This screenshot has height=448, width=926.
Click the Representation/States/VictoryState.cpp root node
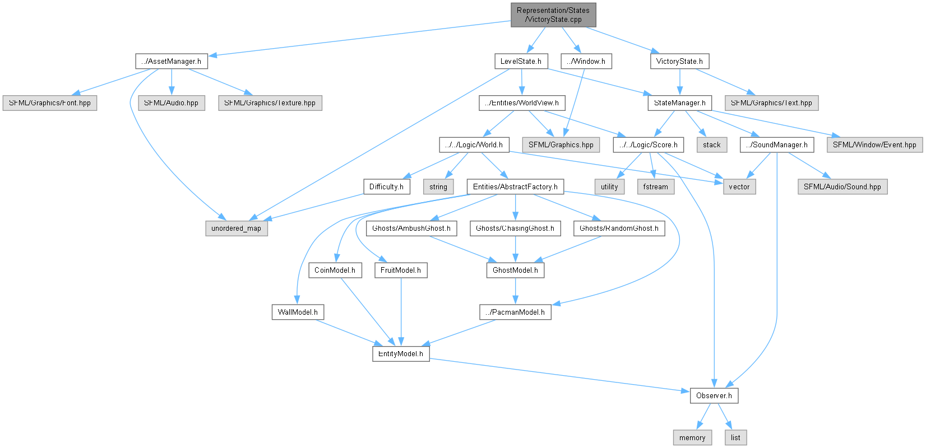pos(553,15)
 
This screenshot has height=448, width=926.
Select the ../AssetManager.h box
pos(171,61)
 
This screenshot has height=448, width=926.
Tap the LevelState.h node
pos(521,61)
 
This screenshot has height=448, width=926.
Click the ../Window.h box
pos(586,61)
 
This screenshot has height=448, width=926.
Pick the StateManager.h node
pos(679,103)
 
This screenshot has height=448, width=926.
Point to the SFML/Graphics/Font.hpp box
pos(50,103)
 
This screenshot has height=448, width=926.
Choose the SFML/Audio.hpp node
pos(171,103)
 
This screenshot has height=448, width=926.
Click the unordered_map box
pos(236,228)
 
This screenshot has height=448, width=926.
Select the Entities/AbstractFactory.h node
pos(515,186)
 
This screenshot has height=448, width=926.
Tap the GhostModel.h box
pos(515,270)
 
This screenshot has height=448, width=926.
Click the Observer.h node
pos(714,395)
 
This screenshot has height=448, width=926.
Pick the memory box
pos(692,437)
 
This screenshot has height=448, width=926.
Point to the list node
pos(735,437)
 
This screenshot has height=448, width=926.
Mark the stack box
pos(711,144)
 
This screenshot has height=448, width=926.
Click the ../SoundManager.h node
pos(776,144)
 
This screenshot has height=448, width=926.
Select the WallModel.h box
pos(298,312)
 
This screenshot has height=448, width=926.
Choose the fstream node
pos(655,186)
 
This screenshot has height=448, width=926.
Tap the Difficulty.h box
pos(386,186)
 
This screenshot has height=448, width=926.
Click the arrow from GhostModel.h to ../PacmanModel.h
pos(515,291)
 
